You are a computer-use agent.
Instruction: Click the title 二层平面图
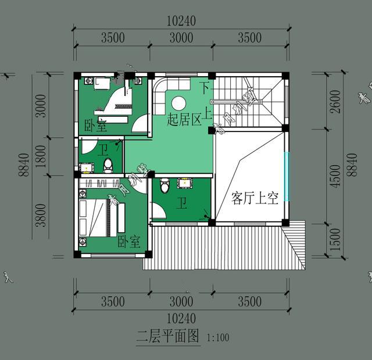point(168,336)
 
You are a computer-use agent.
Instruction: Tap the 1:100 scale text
point(218,337)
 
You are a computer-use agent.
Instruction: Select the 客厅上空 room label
point(255,198)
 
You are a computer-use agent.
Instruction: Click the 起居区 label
point(184,120)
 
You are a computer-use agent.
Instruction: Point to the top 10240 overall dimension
point(181,21)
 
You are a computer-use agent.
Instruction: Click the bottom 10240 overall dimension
point(181,319)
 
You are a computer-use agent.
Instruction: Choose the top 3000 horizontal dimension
point(181,38)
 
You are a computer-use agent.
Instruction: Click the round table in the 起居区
point(178,104)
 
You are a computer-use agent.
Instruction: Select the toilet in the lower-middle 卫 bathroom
point(164,186)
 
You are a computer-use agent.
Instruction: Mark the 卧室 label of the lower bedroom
point(129,241)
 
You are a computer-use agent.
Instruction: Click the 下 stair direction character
point(204,88)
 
